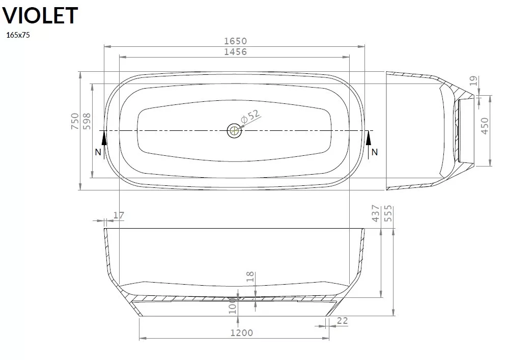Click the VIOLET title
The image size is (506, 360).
[40, 15]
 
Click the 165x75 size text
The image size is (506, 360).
[18, 35]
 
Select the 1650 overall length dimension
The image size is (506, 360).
[236, 41]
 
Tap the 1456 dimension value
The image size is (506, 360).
[236, 51]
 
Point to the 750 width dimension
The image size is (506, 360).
[75, 121]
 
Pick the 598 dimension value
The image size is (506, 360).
[87, 121]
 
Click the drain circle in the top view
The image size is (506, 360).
[234, 131]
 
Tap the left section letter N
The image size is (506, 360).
[98, 152]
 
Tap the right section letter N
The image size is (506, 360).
[374, 152]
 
